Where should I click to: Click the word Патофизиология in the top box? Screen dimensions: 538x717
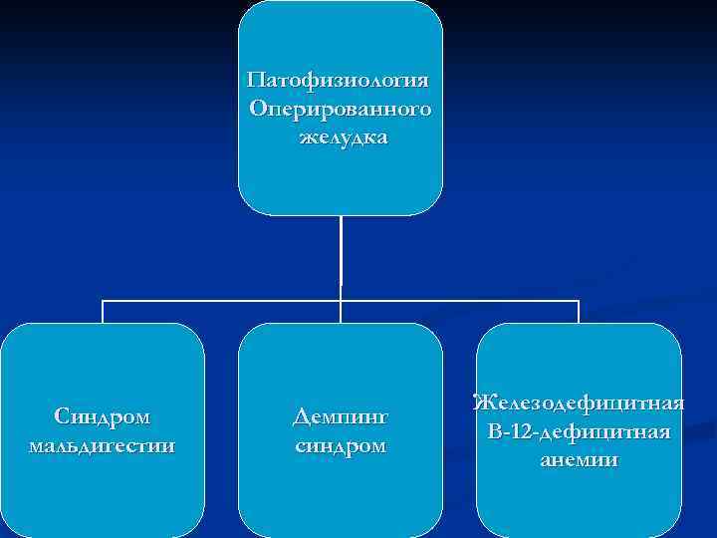coord(340,79)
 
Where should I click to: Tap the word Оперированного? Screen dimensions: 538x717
coord(341,108)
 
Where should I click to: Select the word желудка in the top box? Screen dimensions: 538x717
coord(343,136)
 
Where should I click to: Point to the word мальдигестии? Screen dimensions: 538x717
coord(103,444)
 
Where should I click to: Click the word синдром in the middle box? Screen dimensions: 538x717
coord(341,444)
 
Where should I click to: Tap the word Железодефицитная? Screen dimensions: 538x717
coord(579,403)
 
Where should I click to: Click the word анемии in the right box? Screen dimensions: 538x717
coord(579,460)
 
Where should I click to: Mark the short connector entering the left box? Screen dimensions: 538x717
coord(103,311)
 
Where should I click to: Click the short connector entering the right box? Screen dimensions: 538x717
coord(579,311)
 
